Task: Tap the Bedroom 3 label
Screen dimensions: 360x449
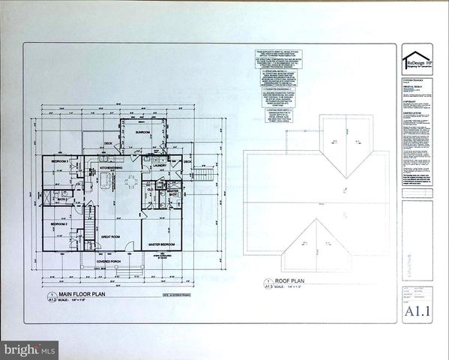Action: [x=60, y=162]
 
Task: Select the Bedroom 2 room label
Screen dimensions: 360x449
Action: [x=60, y=224]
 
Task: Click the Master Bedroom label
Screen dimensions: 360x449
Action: [x=162, y=245]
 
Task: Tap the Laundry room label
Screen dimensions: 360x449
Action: [x=160, y=166]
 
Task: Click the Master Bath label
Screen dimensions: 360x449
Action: [x=172, y=192]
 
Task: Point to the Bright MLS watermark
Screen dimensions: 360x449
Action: [x=28, y=349]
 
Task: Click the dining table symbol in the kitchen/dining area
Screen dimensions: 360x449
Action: [x=131, y=181]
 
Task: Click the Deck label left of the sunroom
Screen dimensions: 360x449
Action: [x=108, y=142]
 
